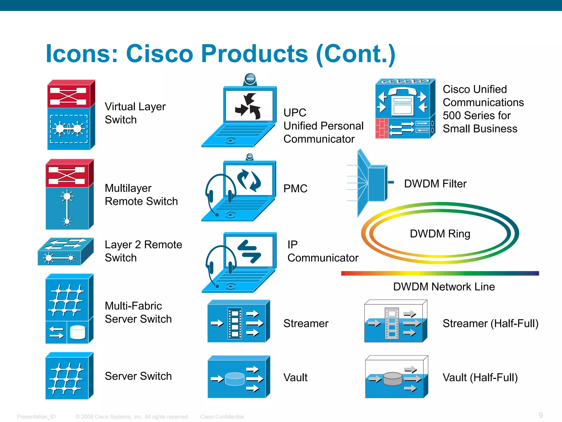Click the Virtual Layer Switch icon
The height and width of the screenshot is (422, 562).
71,115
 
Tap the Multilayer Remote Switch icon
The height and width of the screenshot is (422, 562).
69,195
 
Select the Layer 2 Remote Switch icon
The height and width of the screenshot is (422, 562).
66,252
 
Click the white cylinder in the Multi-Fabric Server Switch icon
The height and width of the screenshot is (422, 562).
78,332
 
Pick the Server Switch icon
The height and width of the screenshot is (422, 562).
69,376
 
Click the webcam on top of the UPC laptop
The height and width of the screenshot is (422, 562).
250,79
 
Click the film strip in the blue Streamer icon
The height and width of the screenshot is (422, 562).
235,323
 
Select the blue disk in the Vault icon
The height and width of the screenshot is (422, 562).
235,379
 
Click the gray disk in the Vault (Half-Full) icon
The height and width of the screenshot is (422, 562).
392,379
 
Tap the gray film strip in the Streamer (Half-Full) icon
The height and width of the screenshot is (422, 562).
392,323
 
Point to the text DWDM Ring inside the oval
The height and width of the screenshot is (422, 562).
440,234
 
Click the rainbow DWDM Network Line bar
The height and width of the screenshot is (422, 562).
440,273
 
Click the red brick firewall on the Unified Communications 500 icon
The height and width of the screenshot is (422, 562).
382,128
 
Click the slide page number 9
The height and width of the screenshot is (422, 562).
540,415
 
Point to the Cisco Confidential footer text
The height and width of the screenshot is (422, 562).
222,417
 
